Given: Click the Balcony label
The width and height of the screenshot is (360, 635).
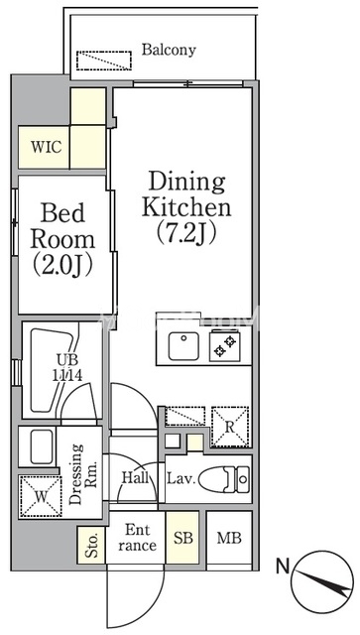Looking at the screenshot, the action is pos(169,50).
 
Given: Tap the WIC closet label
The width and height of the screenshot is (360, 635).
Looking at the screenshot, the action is pos(47,147).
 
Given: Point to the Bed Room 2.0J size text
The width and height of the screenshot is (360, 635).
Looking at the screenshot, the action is pos(62,265).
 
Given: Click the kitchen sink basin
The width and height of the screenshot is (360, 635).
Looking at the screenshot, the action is pos(183,346).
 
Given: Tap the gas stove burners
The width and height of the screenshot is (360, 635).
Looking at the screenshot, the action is pos(225,346).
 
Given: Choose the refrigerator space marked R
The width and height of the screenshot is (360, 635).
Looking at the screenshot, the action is pos(230,427).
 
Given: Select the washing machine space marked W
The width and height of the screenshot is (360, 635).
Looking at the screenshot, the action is pos(41,496).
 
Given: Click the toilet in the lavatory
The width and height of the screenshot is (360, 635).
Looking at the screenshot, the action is pos(225,480).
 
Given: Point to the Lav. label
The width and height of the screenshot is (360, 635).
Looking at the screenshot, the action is pos(181,479).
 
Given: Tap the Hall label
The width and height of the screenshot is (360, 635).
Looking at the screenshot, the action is pos(135,478).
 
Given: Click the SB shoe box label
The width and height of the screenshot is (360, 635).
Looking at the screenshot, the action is pos(183,538).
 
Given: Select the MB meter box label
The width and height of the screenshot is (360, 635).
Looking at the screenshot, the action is pos(229,538).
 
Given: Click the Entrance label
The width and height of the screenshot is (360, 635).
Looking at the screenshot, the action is pos(137,538).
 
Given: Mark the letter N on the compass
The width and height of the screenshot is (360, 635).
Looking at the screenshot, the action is pos(283,567).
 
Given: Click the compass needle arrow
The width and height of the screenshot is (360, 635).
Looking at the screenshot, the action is pos(323,582).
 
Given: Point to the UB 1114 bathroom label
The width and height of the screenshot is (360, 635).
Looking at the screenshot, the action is pos(67,368).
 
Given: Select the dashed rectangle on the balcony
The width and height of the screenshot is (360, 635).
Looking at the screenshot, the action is pos(104,61).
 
